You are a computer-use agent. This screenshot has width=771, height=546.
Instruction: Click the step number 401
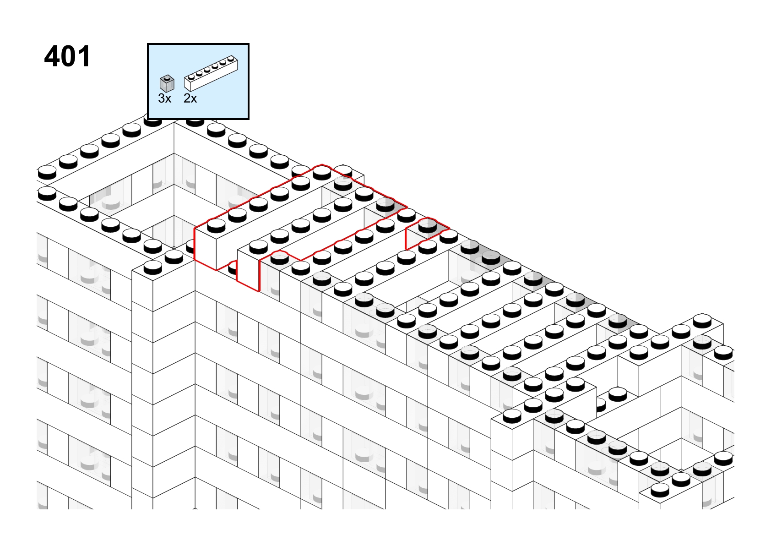point(67,56)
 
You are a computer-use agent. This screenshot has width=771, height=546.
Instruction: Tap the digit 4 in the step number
point(52,56)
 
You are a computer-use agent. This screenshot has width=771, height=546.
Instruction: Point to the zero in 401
point(70,56)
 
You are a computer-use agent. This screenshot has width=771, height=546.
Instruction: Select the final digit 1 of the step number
point(85,56)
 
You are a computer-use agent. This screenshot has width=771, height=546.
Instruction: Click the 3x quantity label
point(164,98)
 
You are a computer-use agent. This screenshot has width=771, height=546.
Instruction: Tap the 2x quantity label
point(190,98)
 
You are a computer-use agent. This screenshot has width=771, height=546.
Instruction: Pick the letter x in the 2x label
point(194,99)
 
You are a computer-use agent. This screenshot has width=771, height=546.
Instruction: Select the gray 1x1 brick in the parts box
point(167,83)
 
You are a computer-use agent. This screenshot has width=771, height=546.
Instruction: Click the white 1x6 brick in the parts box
point(211,73)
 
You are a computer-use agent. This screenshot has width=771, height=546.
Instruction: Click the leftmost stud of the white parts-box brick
point(191,76)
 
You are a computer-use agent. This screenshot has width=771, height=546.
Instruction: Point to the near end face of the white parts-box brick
point(188,85)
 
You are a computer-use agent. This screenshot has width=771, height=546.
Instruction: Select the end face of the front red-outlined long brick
point(248,271)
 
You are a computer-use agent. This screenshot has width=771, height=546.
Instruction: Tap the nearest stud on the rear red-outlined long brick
point(216,225)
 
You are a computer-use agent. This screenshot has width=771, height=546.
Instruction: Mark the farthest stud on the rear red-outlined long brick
point(322,173)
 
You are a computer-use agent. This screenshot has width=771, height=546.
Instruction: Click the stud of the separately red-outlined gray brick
point(428,225)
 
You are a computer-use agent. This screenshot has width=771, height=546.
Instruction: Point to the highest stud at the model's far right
point(702,321)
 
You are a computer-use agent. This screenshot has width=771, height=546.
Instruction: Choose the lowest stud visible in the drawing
point(660,490)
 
